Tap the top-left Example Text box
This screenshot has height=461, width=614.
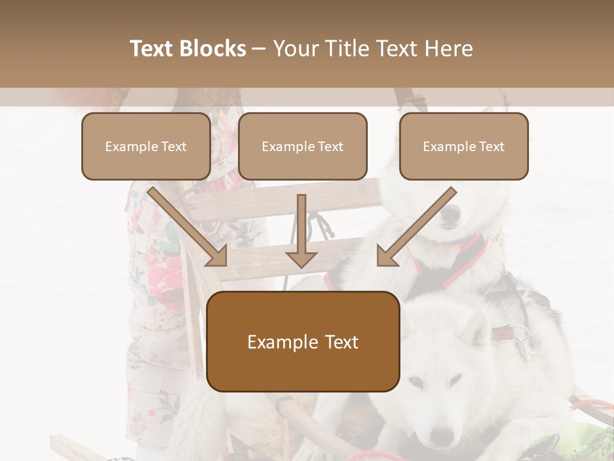point(146,147)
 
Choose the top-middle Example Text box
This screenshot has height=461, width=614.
point(303,147)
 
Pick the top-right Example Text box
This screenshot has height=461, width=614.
point(464,147)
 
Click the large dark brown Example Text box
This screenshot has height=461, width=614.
point(303,342)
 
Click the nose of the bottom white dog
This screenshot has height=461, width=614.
point(441,437)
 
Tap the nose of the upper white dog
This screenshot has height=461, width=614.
point(452,216)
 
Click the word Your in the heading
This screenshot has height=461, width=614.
point(295,49)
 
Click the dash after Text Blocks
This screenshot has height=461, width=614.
point(259,49)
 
